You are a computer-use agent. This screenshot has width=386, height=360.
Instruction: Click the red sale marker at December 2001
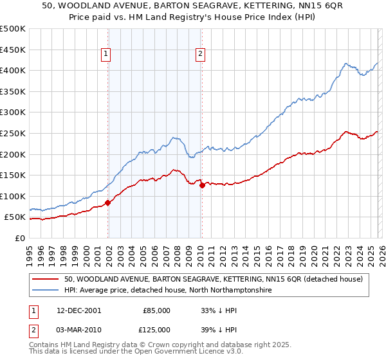pos(107,203)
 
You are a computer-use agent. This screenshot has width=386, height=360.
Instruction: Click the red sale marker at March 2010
pos(201,186)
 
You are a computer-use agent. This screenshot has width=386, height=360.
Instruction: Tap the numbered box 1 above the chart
pos(106,55)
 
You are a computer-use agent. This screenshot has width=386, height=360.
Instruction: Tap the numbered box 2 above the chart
pos(201,55)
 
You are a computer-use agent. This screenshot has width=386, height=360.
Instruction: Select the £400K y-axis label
pos(13,71)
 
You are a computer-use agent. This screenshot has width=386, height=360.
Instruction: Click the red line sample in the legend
pos(46,279)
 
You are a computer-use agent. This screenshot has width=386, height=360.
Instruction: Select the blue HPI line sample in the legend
pos(46,291)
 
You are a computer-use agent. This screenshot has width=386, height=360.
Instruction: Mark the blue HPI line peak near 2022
pos(346,64)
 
